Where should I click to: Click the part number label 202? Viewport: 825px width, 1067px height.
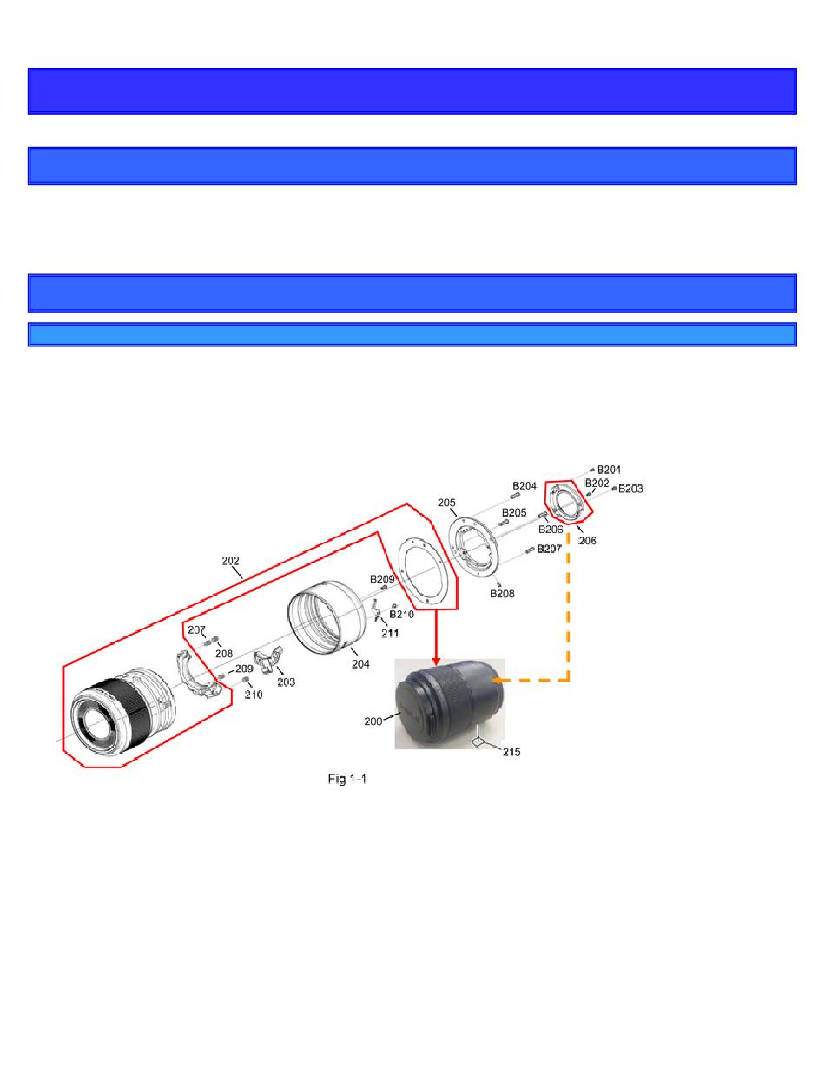tap(230, 561)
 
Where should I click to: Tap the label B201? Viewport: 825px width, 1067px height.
tap(609, 470)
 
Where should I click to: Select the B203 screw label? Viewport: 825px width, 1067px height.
tap(630, 489)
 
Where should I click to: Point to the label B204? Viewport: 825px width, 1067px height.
tap(525, 485)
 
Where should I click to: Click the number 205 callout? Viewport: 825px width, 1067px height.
tap(446, 503)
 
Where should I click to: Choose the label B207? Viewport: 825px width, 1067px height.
tap(549, 549)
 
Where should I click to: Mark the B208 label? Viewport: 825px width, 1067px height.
tap(502, 594)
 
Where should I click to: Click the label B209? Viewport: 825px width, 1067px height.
tap(382, 579)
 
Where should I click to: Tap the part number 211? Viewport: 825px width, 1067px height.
tap(390, 634)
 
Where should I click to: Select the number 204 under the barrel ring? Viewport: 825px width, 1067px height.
tap(360, 664)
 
